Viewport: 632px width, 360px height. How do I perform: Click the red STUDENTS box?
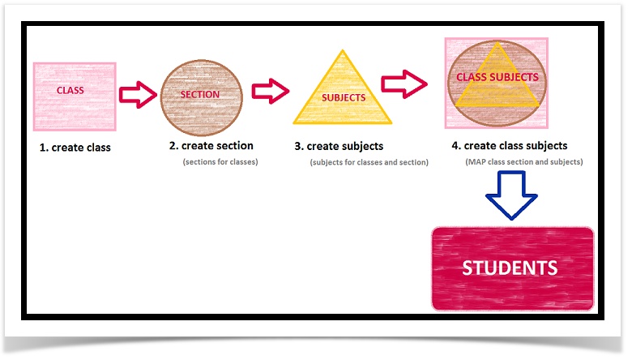tap(512, 268)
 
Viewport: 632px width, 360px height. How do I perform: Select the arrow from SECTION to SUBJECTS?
tap(270, 91)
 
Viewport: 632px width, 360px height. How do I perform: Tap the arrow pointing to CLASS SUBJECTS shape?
tap(406, 81)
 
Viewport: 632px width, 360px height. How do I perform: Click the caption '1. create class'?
tap(75, 148)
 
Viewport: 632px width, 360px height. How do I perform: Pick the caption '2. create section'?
tap(211, 146)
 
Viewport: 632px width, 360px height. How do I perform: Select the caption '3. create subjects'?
tap(339, 147)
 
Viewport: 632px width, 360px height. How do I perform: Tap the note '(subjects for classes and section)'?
tap(369, 162)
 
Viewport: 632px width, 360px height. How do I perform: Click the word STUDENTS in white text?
tap(510, 268)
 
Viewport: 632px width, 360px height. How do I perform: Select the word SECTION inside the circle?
tap(200, 95)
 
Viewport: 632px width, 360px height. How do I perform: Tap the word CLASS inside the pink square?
tap(70, 90)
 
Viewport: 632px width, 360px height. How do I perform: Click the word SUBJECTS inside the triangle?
tap(344, 97)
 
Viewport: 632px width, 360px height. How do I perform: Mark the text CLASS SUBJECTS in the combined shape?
tap(497, 77)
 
